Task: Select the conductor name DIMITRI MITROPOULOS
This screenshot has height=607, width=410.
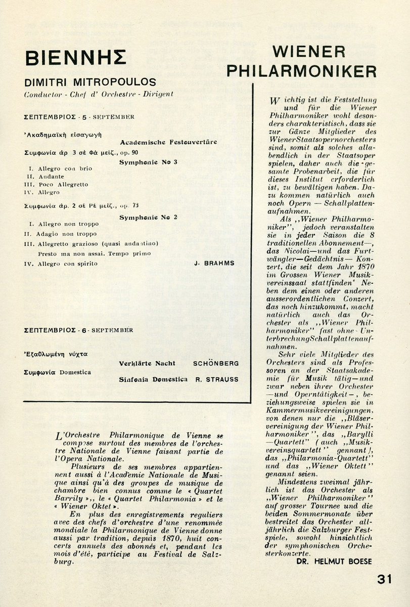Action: tap(83, 82)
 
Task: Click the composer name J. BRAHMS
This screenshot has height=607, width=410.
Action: tap(215, 264)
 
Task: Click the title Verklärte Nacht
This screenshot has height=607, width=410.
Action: tap(147, 363)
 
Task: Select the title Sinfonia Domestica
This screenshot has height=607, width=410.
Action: tap(153, 379)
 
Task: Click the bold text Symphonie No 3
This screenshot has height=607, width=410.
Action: tap(145, 162)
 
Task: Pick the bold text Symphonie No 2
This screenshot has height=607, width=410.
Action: tap(145, 217)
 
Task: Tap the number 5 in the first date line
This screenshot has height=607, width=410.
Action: tap(78, 117)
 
